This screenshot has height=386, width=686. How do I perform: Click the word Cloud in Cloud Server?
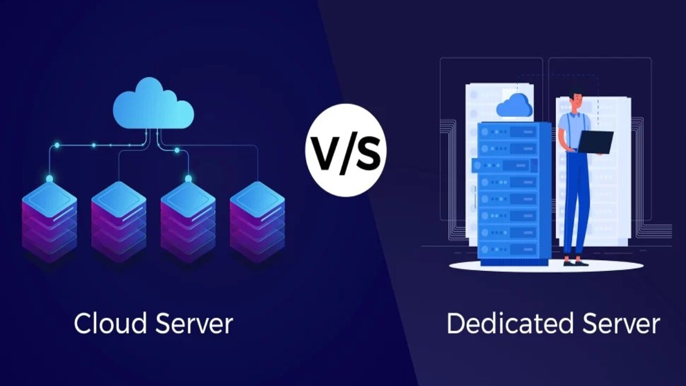tap(110, 324)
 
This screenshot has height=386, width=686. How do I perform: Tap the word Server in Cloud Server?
tap(194, 324)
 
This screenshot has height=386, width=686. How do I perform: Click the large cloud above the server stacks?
tap(153, 105)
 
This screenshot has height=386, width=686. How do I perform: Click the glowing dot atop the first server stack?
tap(49, 179)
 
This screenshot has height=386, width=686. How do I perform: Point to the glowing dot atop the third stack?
tap(188, 179)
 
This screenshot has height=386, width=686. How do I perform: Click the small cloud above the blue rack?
tap(514, 106)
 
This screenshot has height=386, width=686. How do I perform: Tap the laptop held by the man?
tap(595, 142)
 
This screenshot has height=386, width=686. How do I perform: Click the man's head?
tap(577, 100)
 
